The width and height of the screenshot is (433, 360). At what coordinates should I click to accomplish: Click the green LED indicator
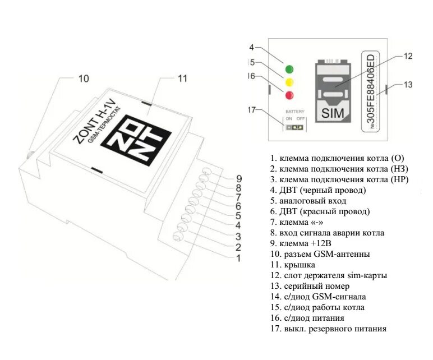pyautogui.click(x=289, y=70)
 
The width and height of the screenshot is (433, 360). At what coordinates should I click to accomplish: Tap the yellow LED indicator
pyautogui.click(x=289, y=82)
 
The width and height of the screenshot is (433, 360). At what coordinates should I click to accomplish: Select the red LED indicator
pyautogui.click(x=289, y=95)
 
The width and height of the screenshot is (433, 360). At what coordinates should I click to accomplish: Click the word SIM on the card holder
pyautogui.click(x=331, y=113)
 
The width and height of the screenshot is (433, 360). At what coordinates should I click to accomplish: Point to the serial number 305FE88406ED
pyautogui.click(x=371, y=93)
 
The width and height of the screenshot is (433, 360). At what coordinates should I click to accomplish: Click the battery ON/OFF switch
pyautogui.click(x=294, y=127)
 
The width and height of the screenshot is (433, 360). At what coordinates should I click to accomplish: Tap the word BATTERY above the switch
pyautogui.click(x=294, y=112)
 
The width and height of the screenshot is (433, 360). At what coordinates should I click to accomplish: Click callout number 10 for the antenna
pyautogui.click(x=83, y=79)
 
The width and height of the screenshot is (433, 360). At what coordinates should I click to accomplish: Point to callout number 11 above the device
pyautogui.click(x=182, y=79)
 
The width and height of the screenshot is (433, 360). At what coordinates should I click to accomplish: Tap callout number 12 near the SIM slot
pyautogui.click(x=408, y=56)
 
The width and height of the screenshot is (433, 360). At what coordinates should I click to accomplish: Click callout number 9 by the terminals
pyautogui.click(x=238, y=179)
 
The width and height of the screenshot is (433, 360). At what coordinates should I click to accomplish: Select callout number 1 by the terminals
pyautogui.click(x=238, y=259)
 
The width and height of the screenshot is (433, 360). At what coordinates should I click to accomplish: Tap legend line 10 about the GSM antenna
pyautogui.click(x=320, y=254)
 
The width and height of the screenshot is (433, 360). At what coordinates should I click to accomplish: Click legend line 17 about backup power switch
pyautogui.click(x=328, y=329)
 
